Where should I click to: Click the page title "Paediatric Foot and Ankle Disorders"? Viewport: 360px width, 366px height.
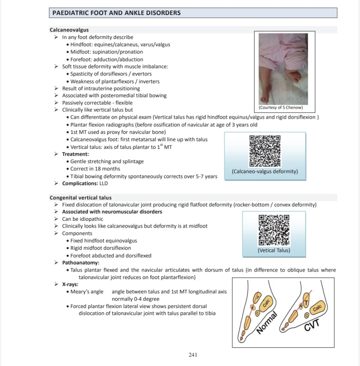pos(116,13)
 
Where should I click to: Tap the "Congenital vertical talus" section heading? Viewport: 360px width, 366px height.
pos(81,197)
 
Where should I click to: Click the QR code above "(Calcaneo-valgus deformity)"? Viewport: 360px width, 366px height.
pos(265,151)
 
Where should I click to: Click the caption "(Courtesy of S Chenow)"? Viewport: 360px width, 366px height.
pos(281,108)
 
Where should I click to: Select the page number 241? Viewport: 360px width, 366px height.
pos(193,355)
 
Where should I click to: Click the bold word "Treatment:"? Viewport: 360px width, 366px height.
pos(76,154)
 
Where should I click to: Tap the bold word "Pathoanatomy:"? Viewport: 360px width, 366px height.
pos(81,263)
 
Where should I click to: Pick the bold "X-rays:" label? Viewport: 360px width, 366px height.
pos(70,284)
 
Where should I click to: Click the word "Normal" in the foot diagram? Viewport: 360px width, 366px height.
pos(267,322)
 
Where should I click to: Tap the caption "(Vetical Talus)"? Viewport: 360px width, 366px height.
pos(274,250)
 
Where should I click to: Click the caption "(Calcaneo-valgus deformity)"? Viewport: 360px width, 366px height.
pos(265,171)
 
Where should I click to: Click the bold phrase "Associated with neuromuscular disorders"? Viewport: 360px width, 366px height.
pos(112,212)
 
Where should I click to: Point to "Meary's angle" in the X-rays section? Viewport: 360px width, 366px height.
pos(87,292)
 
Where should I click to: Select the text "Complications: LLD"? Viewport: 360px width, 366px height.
pos(85,184)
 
